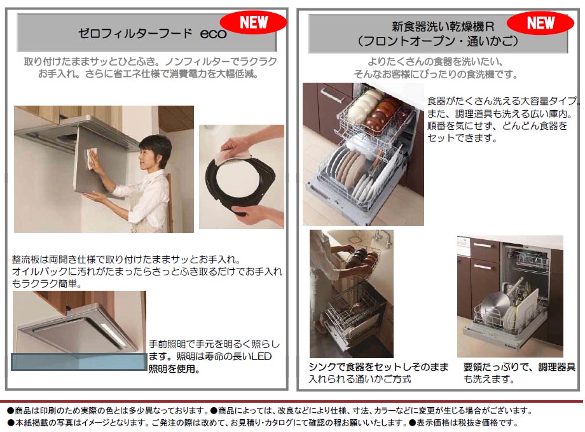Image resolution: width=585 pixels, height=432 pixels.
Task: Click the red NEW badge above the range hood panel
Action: [x=253, y=22]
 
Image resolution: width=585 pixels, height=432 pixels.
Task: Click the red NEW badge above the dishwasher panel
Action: [x=540, y=23]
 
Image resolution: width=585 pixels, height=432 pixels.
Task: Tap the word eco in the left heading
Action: [x=213, y=34]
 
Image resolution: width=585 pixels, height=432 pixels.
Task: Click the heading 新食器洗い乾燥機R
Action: [x=443, y=27]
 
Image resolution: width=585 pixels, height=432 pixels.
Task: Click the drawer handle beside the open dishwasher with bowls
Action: [x=332, y=95]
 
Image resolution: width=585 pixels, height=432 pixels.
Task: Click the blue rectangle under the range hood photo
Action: [x=79, y=362]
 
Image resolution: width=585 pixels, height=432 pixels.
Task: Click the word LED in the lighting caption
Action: [x=261, y=356]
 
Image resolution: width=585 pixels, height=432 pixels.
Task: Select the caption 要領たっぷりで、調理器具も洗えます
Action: [x=519, y=373]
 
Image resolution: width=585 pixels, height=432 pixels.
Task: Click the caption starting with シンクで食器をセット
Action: [x=378, y=373]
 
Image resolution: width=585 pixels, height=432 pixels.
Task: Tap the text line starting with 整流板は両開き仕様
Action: [x=126, y=259]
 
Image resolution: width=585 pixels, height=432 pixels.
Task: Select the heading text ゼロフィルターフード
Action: [x=135, y=34]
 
